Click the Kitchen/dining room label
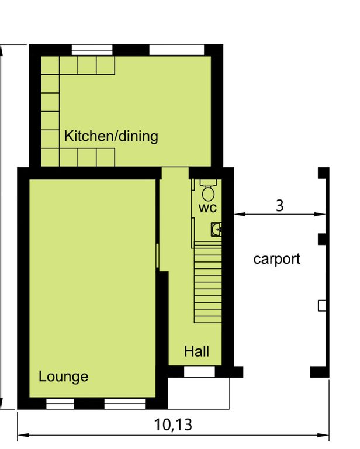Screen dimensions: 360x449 coord(111,136)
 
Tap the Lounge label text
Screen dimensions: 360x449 coord(64,377)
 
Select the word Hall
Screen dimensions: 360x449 coord(196,351)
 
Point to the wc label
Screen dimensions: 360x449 coord(207,208)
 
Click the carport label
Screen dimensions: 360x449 coord(277,259)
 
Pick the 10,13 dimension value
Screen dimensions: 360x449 coord(173,424)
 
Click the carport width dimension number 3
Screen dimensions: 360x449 coord(279,205)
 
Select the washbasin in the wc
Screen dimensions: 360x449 coord(216,229)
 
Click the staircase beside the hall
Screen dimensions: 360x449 coord(208,282)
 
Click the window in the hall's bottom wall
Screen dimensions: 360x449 coord(199,372)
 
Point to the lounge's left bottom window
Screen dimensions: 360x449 coord(60,403)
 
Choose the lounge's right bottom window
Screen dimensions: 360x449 coord(124,403)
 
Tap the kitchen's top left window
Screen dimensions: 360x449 coord(92,50)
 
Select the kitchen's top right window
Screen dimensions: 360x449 coord(176,50)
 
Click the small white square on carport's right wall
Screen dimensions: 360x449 coord(322,306)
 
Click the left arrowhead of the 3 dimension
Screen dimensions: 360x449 coord(240,214)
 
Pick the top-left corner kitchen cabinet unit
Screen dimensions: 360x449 coord(50,65)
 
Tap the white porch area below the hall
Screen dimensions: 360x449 coord(198,393)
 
